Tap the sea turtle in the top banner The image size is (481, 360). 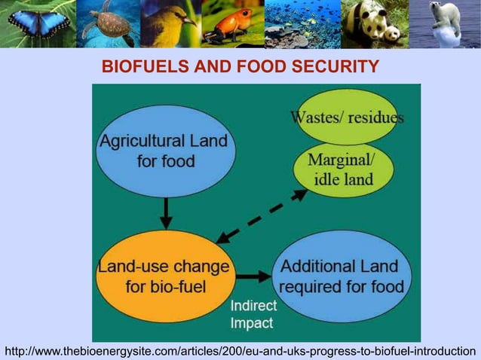pyautogui.click(x=107, y=23)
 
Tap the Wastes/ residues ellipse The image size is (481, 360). pyautogui.click(x=347, y=113)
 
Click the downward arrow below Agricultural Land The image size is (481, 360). pyautogui.click(x=167, y=213)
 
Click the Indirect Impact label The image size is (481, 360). pyautogui.click(x=253, y=315)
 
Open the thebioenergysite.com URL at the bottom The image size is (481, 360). pyautogui.click(x=240, y=351)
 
